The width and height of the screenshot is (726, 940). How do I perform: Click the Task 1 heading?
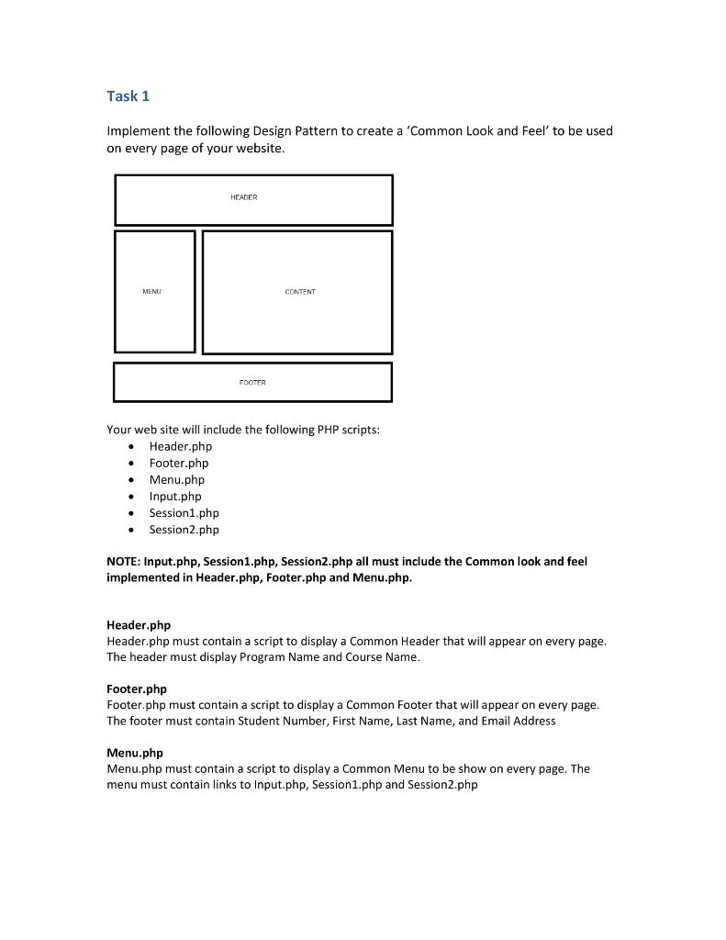coord(128,96)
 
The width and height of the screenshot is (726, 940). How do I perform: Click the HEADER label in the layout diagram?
coord(244,197)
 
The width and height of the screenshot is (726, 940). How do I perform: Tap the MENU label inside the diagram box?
coord(151,292)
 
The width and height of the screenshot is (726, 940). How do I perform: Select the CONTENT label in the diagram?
coord(300,292)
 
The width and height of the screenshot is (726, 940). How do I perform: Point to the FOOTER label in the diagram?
coord(252,383)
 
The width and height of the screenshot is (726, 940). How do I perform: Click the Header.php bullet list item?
coord(180,446)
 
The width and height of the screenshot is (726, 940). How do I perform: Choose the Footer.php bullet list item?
coord(179,463)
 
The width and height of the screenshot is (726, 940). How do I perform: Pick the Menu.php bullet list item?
coord(177,479)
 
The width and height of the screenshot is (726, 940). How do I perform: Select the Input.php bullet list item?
coord(175,496)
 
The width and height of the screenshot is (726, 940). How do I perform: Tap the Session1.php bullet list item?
coord(184,512)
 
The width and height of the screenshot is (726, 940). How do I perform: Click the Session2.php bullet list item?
coord(184,529)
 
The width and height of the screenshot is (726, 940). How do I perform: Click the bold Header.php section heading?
coord(139,625)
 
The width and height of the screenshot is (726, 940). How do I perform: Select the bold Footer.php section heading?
coord(137,688)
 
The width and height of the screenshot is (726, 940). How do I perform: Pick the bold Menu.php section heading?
coord(135,753)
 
